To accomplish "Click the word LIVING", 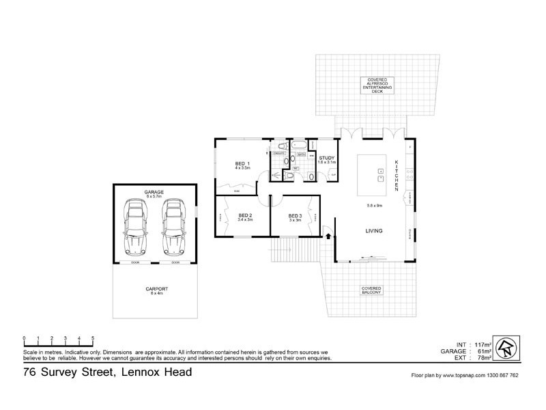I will point(373,231).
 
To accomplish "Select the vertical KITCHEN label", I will point(396,175).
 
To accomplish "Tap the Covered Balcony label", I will point(371,290).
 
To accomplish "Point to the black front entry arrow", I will point(328,236).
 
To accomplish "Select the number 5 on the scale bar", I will point(93,338).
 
